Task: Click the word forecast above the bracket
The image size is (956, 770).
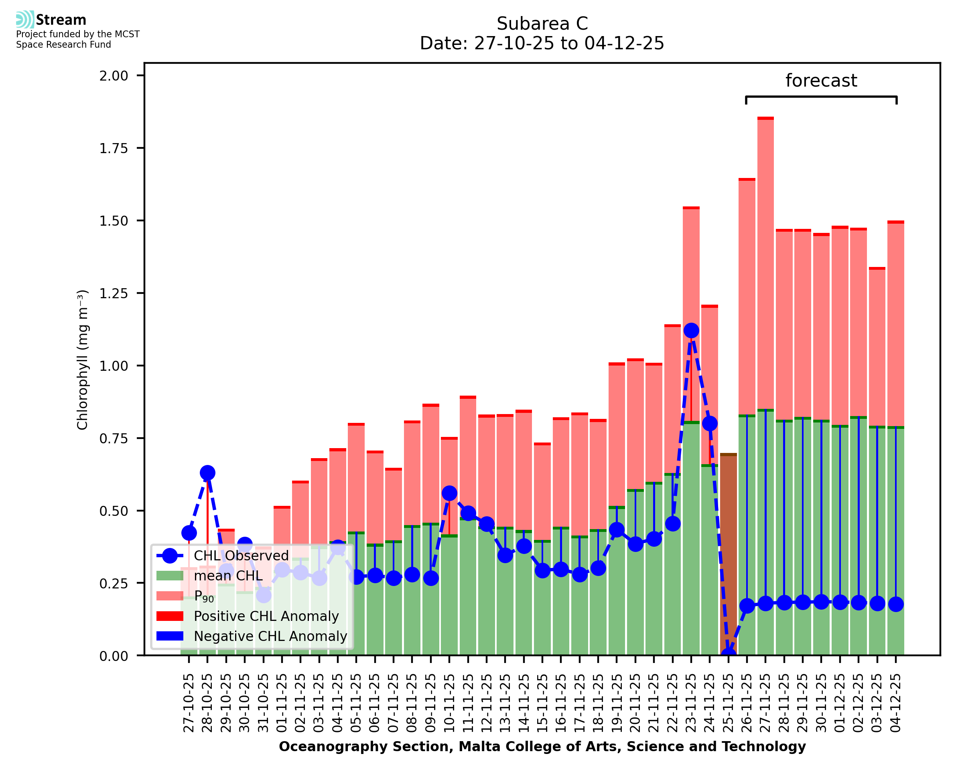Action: click(x=821, y=81)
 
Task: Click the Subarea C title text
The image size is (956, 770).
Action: click(x=542, y=24)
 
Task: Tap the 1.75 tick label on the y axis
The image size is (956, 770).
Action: click(x=114, y=148)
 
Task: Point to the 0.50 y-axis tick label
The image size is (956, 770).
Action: click(x=114, y=511)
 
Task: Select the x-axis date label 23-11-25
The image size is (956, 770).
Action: click(x=691, y=703)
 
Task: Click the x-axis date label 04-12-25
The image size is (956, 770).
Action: click(x=896, y=703)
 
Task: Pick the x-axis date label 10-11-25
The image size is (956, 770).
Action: click(x=449, y=703)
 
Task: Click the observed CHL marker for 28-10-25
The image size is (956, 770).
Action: click(x=207, y=473)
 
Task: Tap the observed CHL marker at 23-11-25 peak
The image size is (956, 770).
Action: click(x=691, y=330)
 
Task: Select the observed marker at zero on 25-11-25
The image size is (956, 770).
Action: click(x=728, y=655)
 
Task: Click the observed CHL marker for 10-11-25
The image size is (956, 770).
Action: click(x=449, y=493)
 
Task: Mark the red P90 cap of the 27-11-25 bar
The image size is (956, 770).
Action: click(x=765, y=118)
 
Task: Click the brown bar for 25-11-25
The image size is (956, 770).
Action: click(x=728, y=554)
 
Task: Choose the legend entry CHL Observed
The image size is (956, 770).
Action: click(x=241, y=556)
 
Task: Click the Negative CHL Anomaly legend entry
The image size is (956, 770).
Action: click(x=270, y=636)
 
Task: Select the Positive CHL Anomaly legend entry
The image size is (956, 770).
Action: click(x=266, y=616)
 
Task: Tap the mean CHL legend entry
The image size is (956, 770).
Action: click(x=228, y=576)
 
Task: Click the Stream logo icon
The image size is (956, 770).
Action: click(x=25, y=20)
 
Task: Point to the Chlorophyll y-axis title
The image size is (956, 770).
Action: click(x=83, y=360)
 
